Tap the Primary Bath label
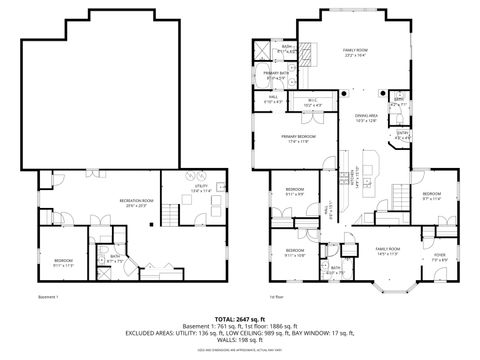(x=277, y=75)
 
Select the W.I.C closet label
(x=311, y=101)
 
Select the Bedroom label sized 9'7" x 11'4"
(x=432, y=195)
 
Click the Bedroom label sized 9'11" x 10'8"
(x=294, y=252)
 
